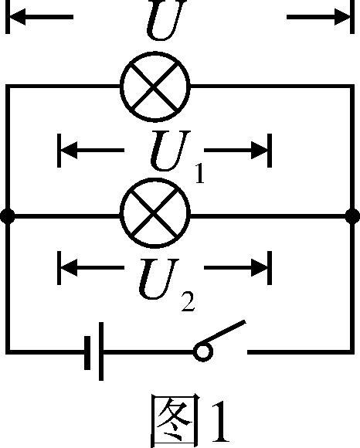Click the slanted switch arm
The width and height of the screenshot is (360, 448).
tap(226, 335)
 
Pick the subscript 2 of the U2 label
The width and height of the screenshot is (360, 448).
tap(188, 300)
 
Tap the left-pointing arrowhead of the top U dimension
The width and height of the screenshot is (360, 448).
tap(17, 17)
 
